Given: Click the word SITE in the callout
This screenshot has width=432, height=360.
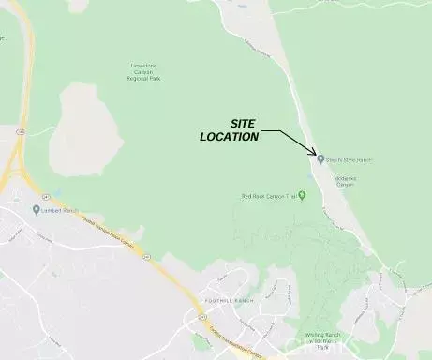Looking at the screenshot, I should point(243,124).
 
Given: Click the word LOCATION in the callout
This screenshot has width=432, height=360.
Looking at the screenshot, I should point(229,137).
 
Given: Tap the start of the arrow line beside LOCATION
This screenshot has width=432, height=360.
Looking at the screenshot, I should point(262,133).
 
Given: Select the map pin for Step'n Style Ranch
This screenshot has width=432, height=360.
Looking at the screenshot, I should point(320,159).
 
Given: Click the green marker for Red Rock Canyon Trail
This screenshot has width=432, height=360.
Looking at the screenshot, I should point(303,195).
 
